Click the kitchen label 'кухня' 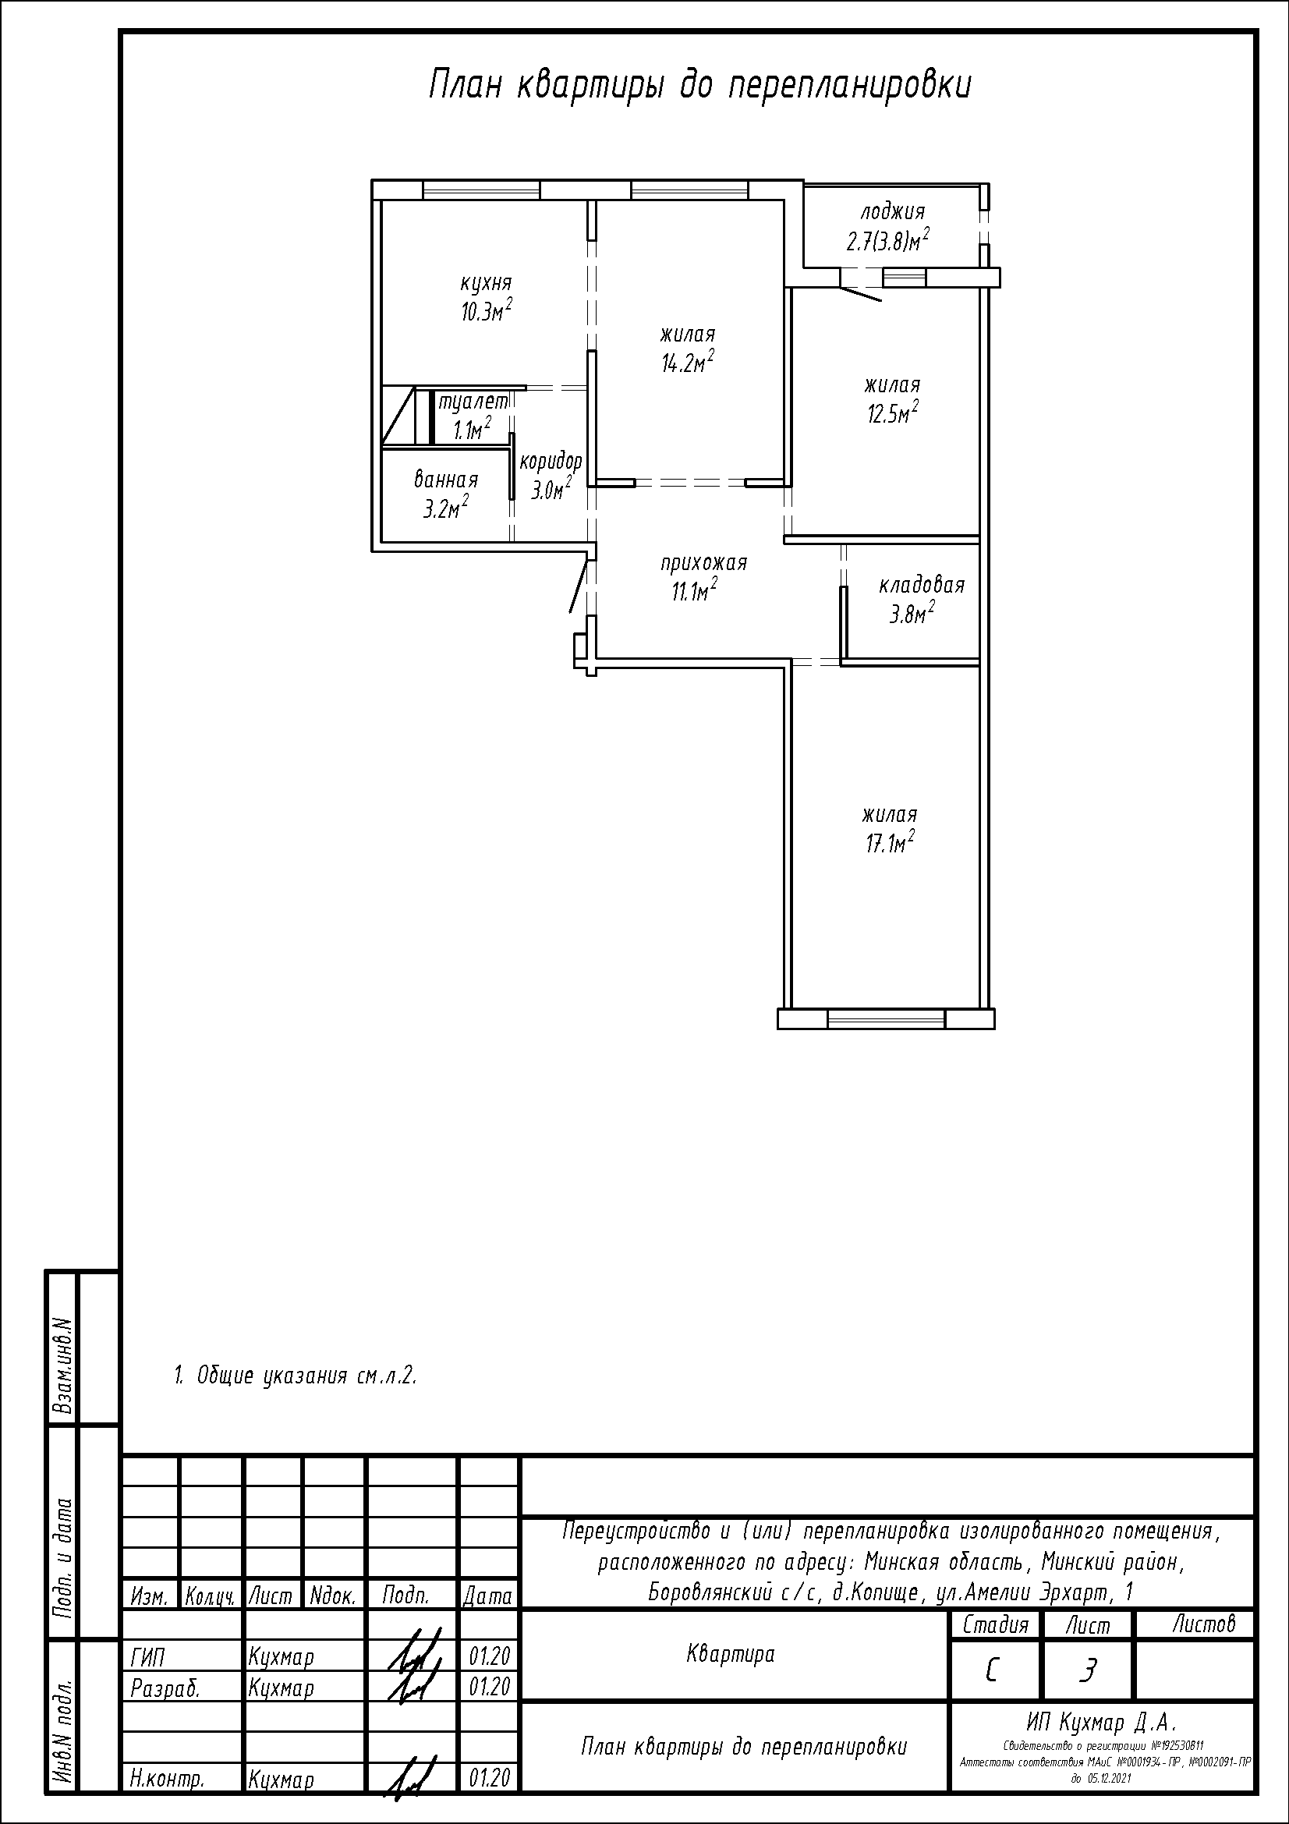point(486,284)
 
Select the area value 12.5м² point(893,413)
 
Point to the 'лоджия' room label point(893,212)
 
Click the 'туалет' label point(473,402)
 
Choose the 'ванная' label point(445,480)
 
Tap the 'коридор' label point(551,462)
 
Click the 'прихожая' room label point(703,563)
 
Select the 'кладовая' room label point(921,586)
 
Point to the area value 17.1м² point(890,843)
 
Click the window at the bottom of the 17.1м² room point(886,1018)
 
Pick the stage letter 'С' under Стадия point(991,1671)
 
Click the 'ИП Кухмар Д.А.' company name point(1100,1723)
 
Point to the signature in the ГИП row point(413,1653)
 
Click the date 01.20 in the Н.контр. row point(489,1778)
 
